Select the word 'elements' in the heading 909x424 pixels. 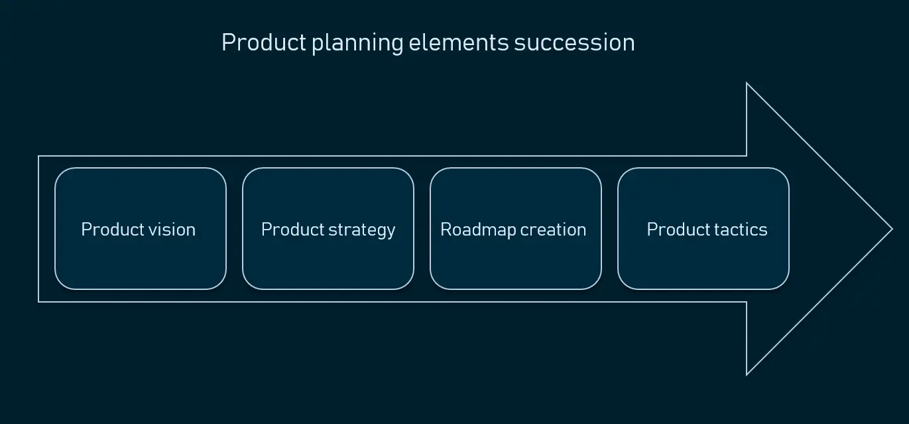point(459,42)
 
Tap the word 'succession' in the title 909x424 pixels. point(574,43)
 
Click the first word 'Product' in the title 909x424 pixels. point(263,42)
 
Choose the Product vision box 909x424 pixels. point(141,229)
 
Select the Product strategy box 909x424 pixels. point(328,229)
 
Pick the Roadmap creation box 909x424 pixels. point(516,229)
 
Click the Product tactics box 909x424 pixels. point(703,229)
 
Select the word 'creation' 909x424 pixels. point(553,230)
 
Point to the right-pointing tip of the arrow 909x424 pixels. point(892,229)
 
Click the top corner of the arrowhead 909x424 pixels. point(747,83)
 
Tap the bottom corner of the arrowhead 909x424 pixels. point(747,375)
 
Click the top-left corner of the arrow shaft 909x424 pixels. point(38,156)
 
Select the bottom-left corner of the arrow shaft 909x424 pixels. point(38,302)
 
